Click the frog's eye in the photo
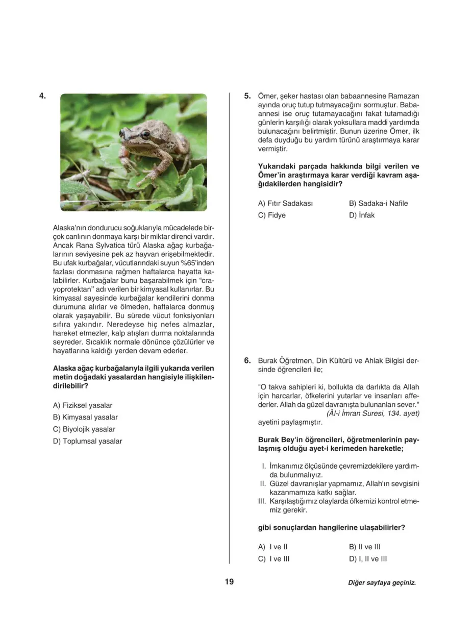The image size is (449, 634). coord(146,135)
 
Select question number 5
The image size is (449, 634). coord(247,96)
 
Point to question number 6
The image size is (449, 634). coord(247,360)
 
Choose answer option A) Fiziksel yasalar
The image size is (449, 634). coord(83,405)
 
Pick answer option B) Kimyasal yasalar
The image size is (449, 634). coord(85,418)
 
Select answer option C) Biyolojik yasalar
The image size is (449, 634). coord(84,429)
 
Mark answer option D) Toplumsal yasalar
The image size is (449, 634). coord(87,441)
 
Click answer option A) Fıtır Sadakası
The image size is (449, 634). coord(285,203)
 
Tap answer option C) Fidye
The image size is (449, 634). coord(272,215)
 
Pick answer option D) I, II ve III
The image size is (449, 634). coord(368,558)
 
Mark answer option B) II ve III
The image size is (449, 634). coord(365,547)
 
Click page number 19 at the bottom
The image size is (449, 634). coord(229,581)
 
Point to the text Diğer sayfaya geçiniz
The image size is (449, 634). coord(382,582)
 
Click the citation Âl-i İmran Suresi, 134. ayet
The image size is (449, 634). coord(373,413)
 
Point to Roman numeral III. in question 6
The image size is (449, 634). coord(262,501)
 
